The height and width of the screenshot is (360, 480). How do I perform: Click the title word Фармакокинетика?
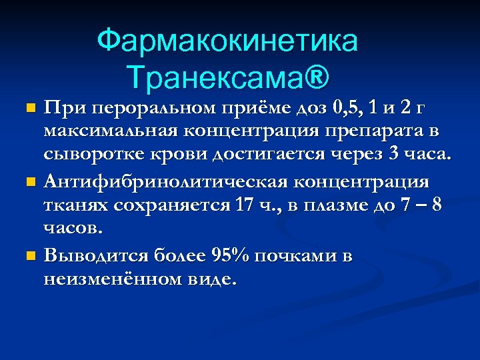[x=227, y=41]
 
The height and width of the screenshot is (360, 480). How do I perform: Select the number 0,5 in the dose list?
[x=351, y=107]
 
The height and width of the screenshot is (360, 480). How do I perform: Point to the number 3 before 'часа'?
[x=392, y=156]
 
